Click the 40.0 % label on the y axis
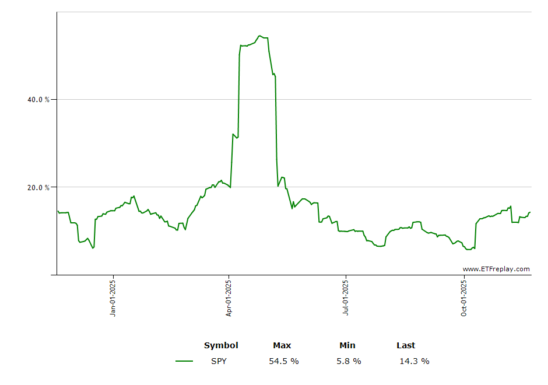[38, 100]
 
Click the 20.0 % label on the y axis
[38, 188]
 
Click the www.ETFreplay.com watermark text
[496, 269]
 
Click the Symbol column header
[221, 345]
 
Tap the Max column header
[282, 345]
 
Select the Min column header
[347, 345]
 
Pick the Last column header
[406, 345]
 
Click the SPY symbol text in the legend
[219, 361]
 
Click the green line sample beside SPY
[184, 361]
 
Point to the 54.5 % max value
[284, 361]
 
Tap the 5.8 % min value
[349, 361]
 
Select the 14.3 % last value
[414, 361]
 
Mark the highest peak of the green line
[260, 36]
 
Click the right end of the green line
[530, 212]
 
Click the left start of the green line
[58, 211]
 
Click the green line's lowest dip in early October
[468, 250]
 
